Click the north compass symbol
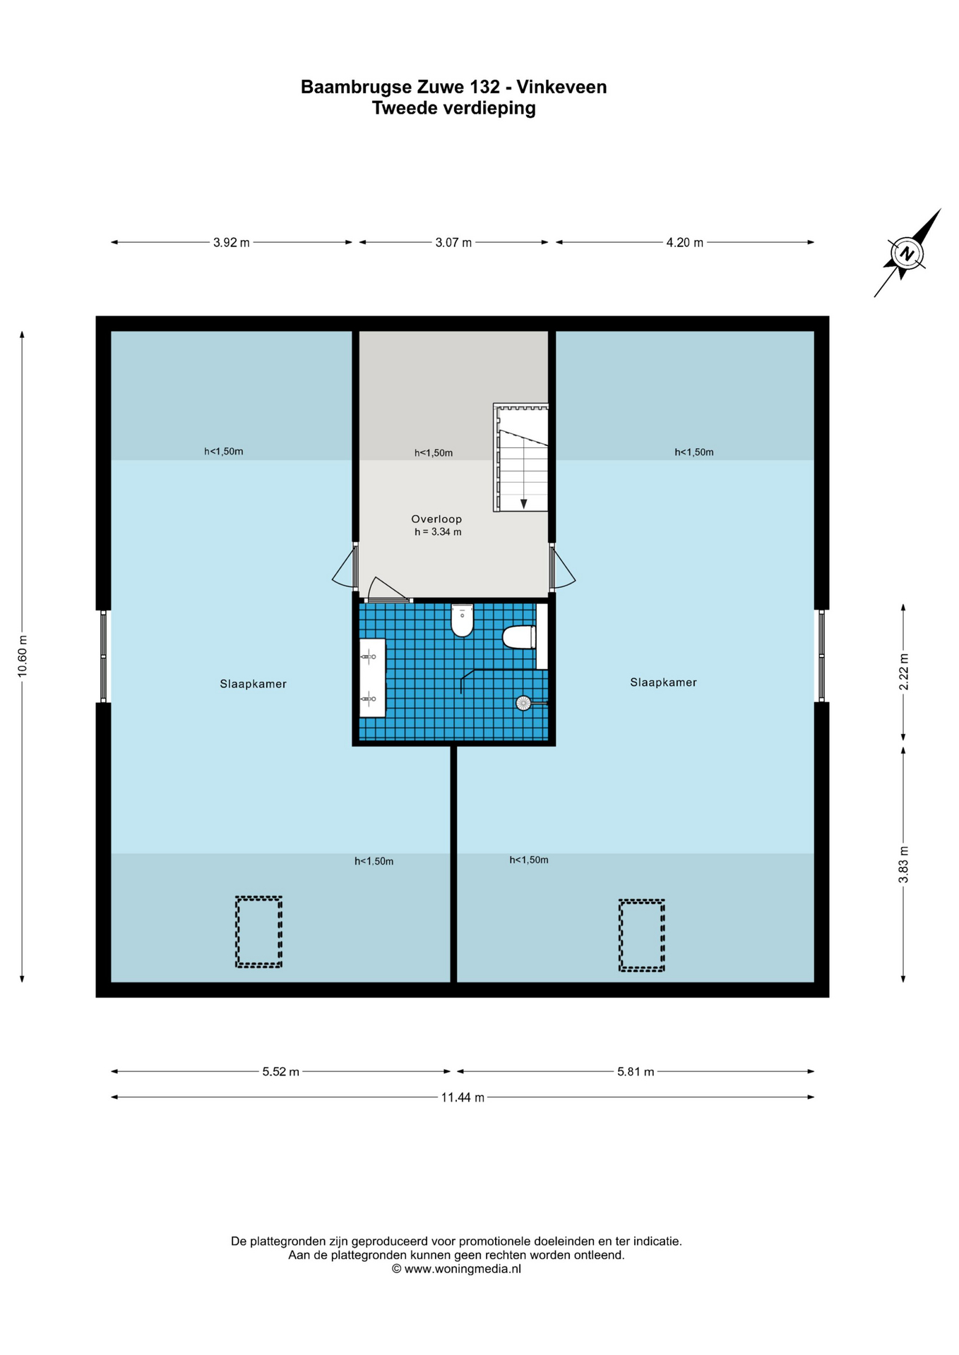click(x=907, y=253)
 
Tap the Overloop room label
click(x=436, y=519)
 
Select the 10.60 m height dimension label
click(x=23, y=656)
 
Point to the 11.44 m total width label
click(x=463, y=1097)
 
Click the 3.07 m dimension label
click(x=453, y=243)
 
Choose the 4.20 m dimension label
click(x=684, y=243)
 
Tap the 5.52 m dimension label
click(x=280, y=1071)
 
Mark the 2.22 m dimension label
click(x=903, y=672)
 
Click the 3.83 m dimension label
click(x=903, y=865)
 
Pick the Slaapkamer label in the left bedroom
click(x=253, y=684)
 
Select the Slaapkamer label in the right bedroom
click(x=663, y=682)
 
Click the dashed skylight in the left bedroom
click(x=258, y=932)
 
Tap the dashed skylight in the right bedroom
click(x=641, y=935)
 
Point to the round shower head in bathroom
click(x=523, y=703)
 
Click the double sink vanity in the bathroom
click(x=372, y=678)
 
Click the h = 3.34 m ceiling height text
click(x=438, y=532)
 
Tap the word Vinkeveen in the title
click(x=561, y=87)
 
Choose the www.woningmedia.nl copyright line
click(x=456, y=1268)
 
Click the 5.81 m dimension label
click(x=636, y=1071)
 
